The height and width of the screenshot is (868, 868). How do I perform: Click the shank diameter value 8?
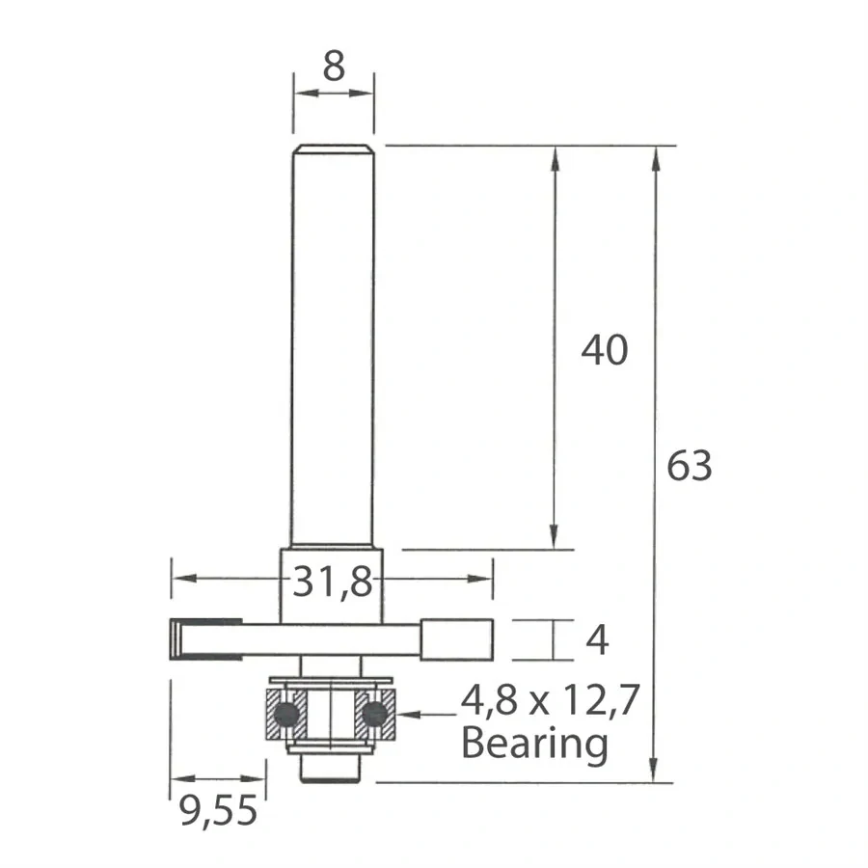coord(334,67)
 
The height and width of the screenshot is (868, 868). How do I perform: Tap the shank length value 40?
coord(605,350)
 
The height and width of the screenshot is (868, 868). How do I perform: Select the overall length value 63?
coord(690,466)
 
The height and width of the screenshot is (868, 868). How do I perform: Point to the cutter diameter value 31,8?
coord(332,582)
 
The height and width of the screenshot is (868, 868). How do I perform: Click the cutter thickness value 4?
coord(597,640)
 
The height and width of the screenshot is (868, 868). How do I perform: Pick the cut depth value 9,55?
coord(218,811)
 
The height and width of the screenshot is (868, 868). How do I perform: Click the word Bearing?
coord(534,745)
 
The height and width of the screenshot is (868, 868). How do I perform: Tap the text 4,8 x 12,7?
coord(551,701)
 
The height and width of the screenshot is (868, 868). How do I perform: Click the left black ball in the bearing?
coord(286,714)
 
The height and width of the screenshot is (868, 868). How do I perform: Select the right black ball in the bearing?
coord(375,714)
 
